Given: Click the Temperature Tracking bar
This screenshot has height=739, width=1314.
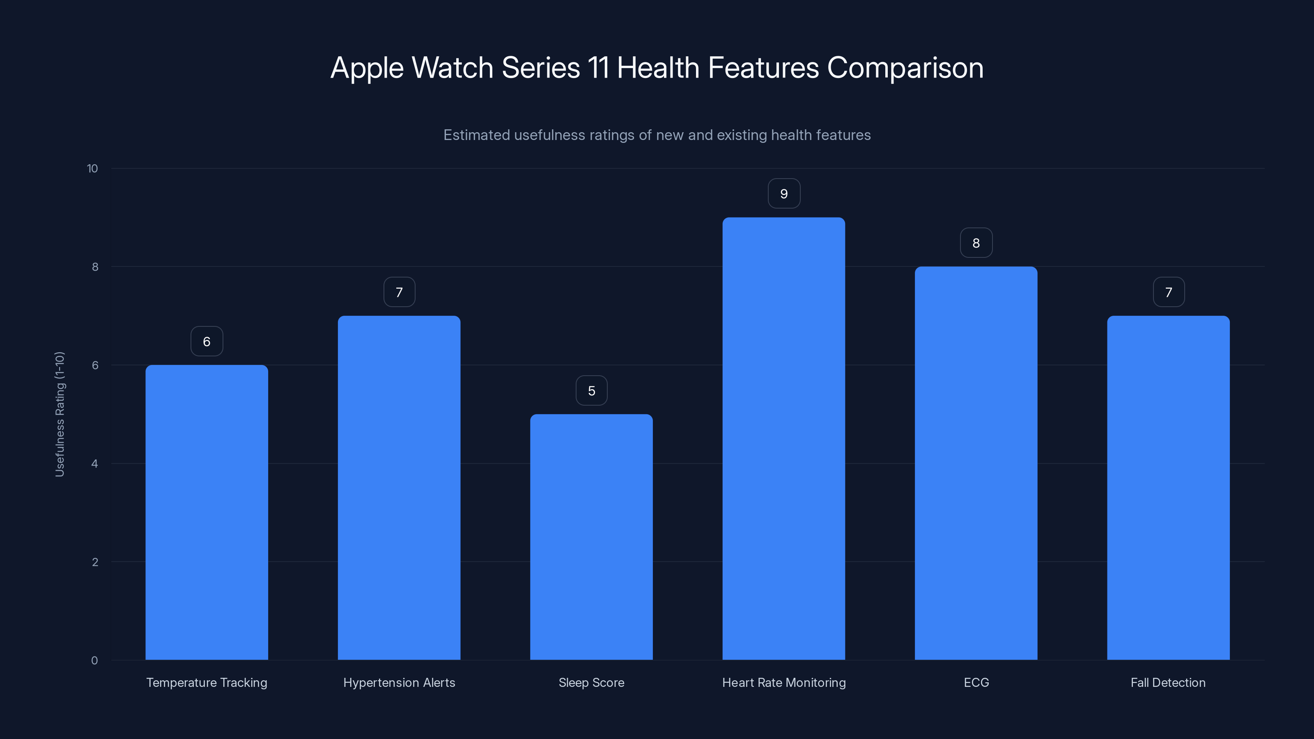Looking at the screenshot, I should tap(207, 512).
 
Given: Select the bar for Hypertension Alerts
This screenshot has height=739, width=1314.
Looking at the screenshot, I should tap(399, 488).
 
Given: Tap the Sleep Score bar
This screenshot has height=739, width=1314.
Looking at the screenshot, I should tap(591, 537).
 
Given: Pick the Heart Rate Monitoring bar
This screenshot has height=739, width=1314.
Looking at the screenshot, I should tap(783, 438).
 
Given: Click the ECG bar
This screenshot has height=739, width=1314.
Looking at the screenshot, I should tap(976, 463).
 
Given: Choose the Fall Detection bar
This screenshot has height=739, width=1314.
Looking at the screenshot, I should tap(1168, 488).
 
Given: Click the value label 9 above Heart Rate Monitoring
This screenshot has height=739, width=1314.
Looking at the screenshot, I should tap(784, 194).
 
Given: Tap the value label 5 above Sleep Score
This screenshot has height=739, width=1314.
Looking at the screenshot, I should tap(592, 391).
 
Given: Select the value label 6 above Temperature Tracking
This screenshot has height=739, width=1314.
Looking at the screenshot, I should tap(207, 342).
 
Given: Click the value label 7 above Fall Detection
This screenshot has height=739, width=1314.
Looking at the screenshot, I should tap(1169, 292).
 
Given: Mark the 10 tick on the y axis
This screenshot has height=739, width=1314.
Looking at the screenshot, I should tap(92, 169).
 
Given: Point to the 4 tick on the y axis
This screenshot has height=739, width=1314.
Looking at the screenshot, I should tap(95, 464).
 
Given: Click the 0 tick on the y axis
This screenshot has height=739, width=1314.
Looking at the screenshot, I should tap(94, 661).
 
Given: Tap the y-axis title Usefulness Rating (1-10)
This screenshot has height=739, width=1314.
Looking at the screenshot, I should tap(60, 414).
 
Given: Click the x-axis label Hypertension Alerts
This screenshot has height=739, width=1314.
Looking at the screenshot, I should tap(399, 682).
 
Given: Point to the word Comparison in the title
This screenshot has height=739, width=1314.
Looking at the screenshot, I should tap(905, 68).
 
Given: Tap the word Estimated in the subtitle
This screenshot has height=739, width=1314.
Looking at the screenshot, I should tap(476, 135).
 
